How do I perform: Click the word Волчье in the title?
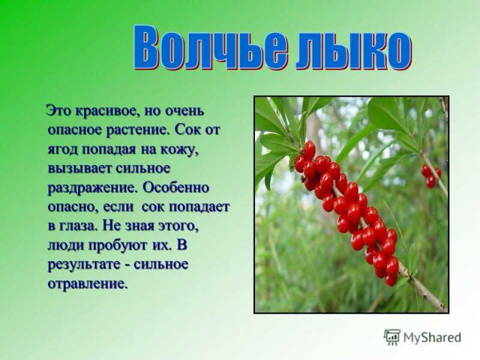click(211, 48)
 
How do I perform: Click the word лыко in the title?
click(353, 50)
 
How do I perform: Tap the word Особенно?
click(176, 187)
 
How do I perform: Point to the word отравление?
click(87, 283)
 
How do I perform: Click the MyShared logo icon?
click(392, 338)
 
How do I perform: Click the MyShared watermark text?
click(432, 338)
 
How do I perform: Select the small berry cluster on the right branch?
click(431, 176)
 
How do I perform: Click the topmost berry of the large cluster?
click(309, 149)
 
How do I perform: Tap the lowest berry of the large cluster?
click(391, 280)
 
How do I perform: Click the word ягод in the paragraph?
click(63, 149)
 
